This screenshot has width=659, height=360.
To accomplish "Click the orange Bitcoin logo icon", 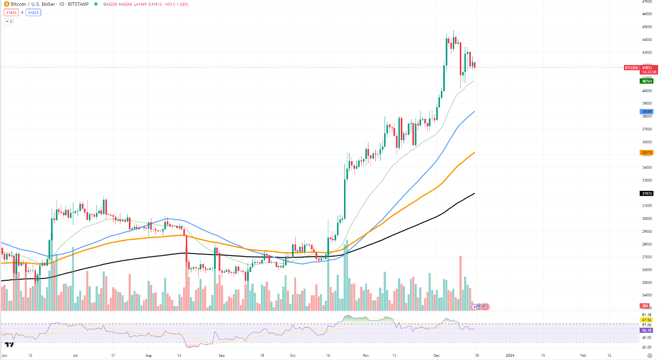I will point(6,4).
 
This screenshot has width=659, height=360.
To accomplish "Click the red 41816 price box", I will point(12,12).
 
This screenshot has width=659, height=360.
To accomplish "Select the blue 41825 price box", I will point(34,12).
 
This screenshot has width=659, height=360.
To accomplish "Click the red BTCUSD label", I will point(631,68).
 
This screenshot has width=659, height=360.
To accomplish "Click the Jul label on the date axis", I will point(75,355).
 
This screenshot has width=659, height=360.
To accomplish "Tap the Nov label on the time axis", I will point(366,355).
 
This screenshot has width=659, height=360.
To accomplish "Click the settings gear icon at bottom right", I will point(650,355).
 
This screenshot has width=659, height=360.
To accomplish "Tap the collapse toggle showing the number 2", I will point(9,21).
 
